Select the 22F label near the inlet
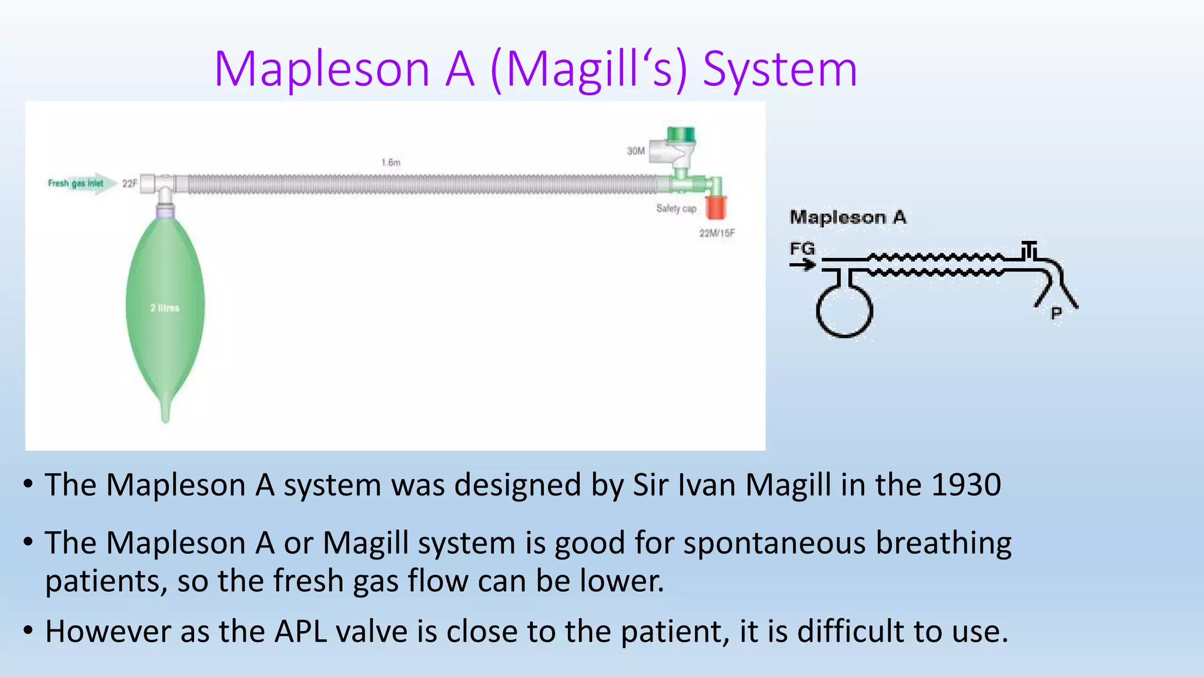point(129,183)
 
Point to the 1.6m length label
point(391,162)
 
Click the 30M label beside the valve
point(636,151)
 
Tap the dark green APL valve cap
point(681,135)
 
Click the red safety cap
point(715,207)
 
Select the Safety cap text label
point(676,209)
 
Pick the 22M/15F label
point(717,233)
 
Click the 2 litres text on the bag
point(165,308)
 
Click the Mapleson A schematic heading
point(848,217)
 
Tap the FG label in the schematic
point(802,249)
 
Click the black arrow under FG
point(802,265)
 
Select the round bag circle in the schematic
point(844,310)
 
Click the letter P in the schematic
point(1056,313)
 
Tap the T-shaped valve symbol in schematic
point(1029,249)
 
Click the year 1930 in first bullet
point(966,485)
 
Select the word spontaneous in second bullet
point(775,542)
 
